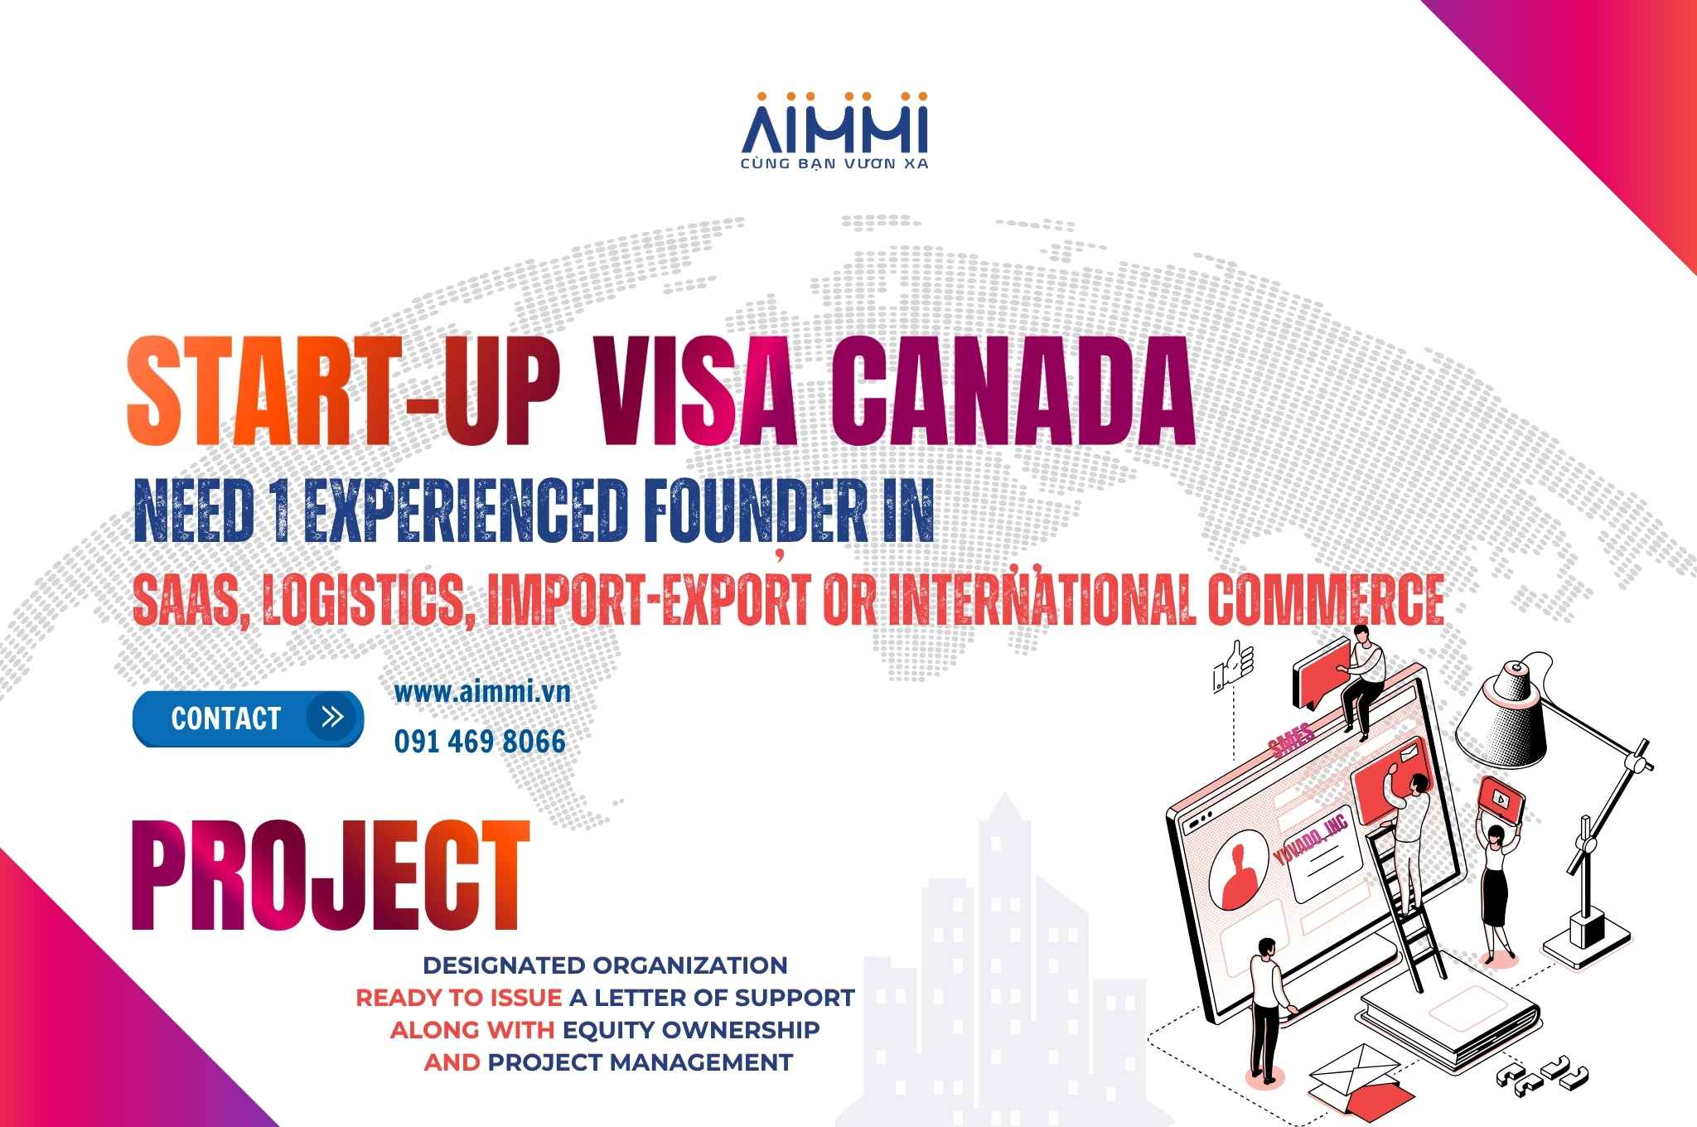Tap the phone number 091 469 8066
pos(480,742)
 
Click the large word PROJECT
pos(330,877)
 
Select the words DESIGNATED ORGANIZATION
pos(605,965)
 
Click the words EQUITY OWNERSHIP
pos(691,1029)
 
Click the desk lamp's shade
pos(1501,714)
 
